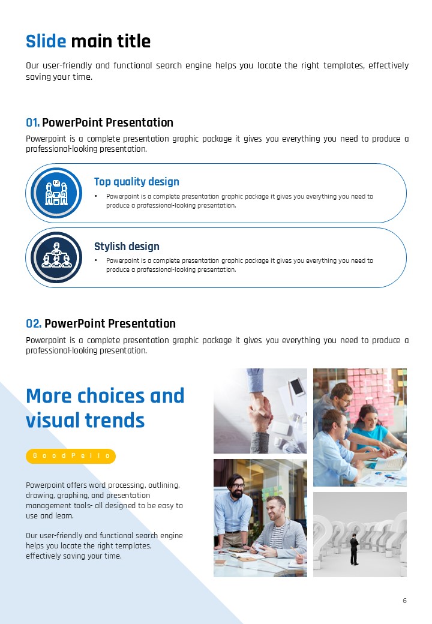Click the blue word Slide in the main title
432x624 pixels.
point(46,41)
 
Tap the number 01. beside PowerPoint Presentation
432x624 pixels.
point(32,122)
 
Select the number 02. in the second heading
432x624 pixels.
point(34,323)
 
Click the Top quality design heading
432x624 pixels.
point(136,182)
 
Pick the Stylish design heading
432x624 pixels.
point(127,247)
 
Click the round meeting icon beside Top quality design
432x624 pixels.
point(56,193)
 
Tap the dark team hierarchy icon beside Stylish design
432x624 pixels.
point(56,257)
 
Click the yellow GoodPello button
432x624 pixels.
point(71,456)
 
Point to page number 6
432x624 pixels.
point(404,601)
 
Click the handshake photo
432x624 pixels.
point(260,410)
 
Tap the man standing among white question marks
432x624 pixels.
point(354,549)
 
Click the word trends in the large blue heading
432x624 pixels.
point(115,420)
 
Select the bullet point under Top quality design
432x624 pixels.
point(96,196)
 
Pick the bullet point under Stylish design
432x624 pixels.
point(96,260)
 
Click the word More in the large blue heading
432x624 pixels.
point(49,396)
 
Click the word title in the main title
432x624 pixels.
point(133,41)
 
